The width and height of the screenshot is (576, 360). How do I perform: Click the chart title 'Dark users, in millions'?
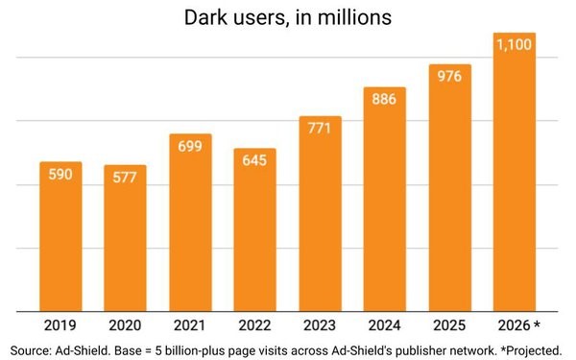click(x=287, y=18)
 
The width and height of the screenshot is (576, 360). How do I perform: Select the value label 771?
click(x=320, y=129)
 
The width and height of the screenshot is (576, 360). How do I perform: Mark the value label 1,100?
click(x=515, y=44)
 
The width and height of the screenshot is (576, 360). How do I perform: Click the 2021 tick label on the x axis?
click(x=190, y=324)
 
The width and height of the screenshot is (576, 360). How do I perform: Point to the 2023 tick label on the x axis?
click(x=320, y=324)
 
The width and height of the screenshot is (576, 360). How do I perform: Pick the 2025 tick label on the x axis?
click(x=449, y=324)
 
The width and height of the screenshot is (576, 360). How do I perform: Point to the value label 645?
click(x=255, y=162)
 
